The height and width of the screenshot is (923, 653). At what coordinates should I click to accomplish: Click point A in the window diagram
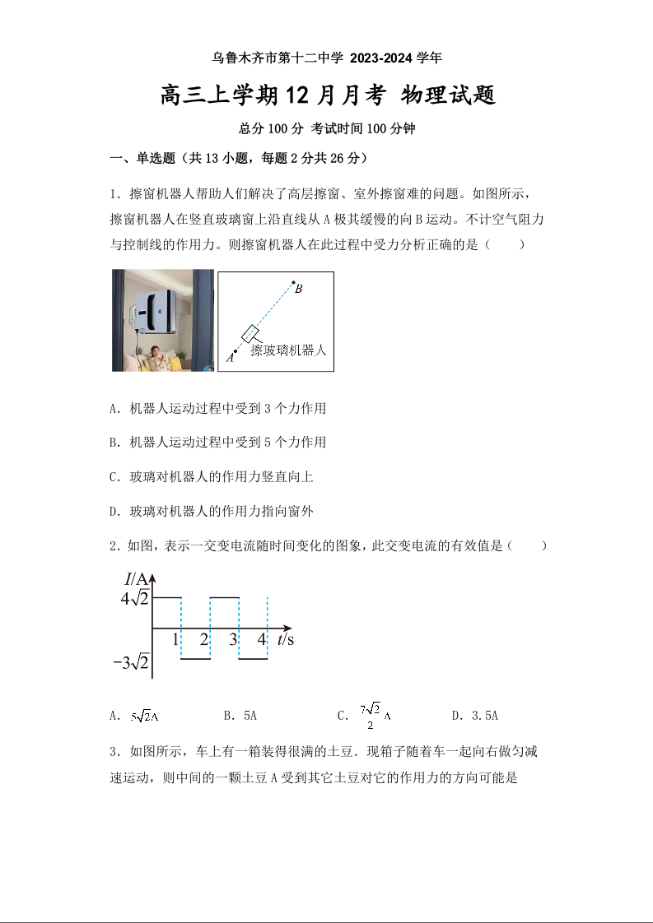pyautogui.click(x=235, y=352)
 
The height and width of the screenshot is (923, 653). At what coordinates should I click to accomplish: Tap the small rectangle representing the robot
pyautogui.click(x=250, y=334)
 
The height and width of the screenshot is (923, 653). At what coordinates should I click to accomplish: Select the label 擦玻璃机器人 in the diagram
pyautogui.click(x=288, y=350)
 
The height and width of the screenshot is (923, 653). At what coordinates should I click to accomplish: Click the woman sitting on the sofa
pyautogui.click(x=156, y=357)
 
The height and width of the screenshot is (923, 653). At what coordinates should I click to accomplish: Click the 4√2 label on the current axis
pyautogui.click(x=134, y=598)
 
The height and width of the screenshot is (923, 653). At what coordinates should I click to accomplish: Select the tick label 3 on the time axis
pyautogui.click(x=233, y=639)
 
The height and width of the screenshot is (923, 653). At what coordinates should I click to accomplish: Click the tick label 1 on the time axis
pyautogui.click(x=175, y=639)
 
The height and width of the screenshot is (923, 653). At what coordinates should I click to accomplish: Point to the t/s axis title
pyautogui.click(x=286, y=639)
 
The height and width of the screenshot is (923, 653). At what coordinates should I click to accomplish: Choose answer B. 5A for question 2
pyautogui.click(x=240, y=716)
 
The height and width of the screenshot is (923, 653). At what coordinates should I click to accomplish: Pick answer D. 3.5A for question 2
pyautogui.click(x=475, y=716)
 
